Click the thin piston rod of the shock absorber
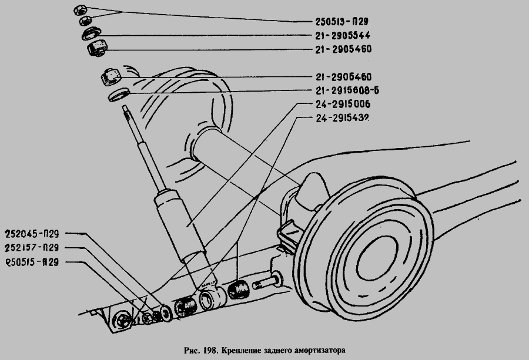[x=133, y=126]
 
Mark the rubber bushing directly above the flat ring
[x=111, y=75]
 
